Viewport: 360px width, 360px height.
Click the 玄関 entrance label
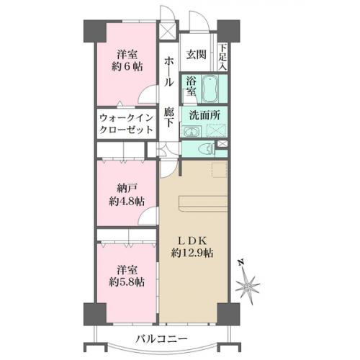[x=196, y=55]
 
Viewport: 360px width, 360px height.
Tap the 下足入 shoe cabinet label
[x=222, y=58]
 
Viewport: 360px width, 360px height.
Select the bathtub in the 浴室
[x=210, y=89]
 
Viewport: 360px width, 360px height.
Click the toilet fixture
[x=207, y=149]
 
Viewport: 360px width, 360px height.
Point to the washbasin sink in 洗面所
[x=192, y=132]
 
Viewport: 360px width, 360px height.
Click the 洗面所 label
[x=204, y=116]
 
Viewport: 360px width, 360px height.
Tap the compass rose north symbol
[x=248, y=286]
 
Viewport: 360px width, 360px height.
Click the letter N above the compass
[x=240, y=262]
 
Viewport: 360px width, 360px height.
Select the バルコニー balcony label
[x=161, y=339]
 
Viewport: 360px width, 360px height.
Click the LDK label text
[x=192, y=240]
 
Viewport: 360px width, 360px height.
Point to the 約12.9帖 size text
[x=192, y=253]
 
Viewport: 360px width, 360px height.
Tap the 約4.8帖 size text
[x=127, y=201]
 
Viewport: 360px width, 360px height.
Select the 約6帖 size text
[x=127, y=66]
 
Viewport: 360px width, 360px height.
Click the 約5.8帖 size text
[x=127, y=282]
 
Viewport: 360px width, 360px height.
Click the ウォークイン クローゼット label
[x=126, y=124]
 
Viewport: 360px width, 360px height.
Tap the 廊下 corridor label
[x=169, y=117]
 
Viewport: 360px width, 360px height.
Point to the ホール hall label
[x=168, y=71]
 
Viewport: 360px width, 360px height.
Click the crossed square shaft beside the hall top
[x=166, y=31]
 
